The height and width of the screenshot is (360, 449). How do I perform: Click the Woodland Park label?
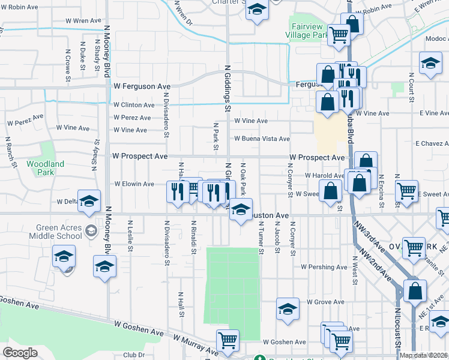point(45,168)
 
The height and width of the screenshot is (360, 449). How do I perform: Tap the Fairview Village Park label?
point(309,31)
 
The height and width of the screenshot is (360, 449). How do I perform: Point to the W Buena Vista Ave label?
point(262,139)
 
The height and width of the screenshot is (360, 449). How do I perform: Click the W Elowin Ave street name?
point(134,184)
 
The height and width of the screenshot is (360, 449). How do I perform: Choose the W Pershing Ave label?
point(324,266)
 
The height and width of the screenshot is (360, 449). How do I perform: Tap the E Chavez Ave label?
point(433,144)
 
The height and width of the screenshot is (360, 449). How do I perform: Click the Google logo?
point(20,353)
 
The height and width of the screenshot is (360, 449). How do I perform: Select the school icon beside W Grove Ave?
point(288,309)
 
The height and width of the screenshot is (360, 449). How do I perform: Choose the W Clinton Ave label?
point(134,104)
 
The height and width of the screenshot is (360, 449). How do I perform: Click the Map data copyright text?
point(424,355)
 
